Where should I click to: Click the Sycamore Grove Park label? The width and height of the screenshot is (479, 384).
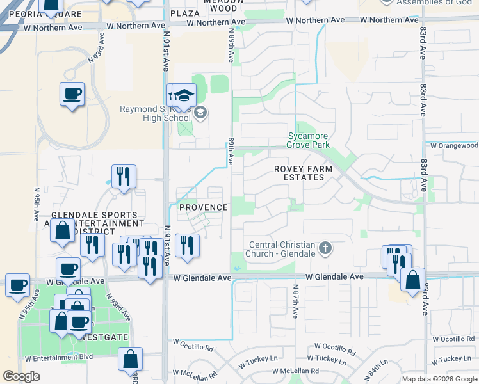(309, 140)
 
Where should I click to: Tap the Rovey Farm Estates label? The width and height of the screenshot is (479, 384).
(304, 173)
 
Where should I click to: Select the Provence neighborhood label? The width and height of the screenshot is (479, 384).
(203, 207)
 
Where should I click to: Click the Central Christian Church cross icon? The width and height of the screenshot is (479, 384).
(325, 248)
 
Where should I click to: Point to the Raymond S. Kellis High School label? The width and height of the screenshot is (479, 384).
(156, 113)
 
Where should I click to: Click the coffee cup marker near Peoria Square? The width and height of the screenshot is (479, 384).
(72, 94)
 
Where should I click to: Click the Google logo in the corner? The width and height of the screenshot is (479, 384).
(22, 376)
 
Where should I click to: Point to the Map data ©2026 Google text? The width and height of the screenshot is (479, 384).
(439, 379)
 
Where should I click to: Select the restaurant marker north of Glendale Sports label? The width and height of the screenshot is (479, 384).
(124, 176)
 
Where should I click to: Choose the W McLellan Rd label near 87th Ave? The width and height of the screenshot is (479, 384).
(295, 371)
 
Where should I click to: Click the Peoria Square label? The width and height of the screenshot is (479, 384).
(51, 14)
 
